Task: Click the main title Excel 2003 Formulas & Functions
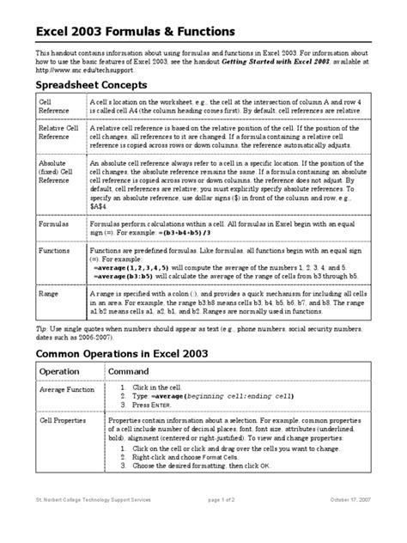(134, 32)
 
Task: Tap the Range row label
(49, 293)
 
